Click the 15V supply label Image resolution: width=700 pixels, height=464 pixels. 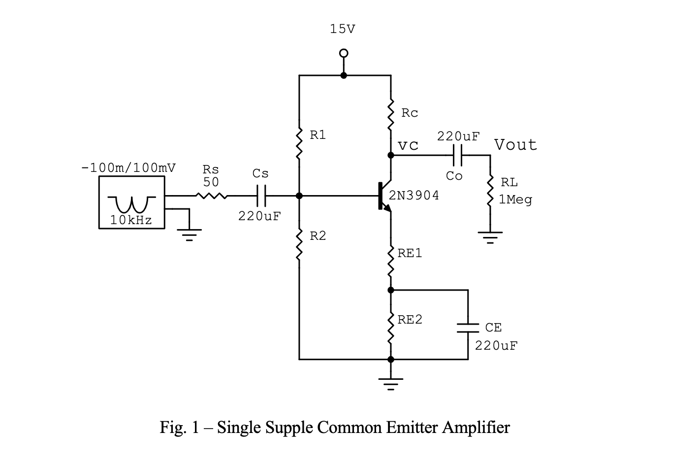[342, 30]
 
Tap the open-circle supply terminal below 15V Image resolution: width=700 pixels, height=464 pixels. [344, 53]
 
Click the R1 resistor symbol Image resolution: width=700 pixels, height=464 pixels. [299, 143]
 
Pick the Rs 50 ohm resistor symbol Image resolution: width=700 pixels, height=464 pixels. [211, 196]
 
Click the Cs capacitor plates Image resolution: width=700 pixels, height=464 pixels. [261, 196]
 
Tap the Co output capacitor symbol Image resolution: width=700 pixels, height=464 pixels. [457, 155]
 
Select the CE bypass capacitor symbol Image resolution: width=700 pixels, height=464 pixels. [468, 328]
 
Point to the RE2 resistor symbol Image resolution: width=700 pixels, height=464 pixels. [391, 328]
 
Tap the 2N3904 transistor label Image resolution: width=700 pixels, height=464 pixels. [414, 196]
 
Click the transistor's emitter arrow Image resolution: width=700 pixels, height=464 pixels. [388, 208]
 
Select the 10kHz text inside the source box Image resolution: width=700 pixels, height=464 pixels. [131, 221]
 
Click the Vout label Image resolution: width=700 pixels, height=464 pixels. [515, 145]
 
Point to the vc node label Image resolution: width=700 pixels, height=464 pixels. [408, 145]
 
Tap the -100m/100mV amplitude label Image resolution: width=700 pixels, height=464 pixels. [128, 167]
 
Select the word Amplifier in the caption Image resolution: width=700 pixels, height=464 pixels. [476, 427]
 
